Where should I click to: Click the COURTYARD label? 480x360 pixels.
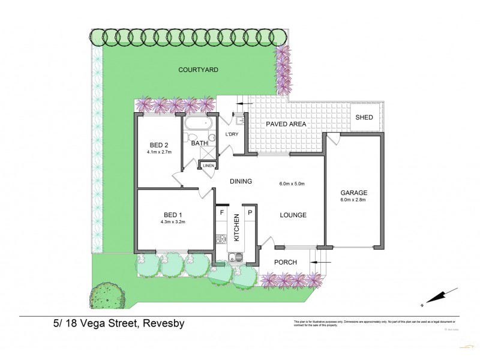point(198,70)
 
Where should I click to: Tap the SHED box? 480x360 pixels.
point(364,117)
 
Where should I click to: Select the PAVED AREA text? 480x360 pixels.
point(286,124)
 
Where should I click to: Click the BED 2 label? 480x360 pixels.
point(158,145)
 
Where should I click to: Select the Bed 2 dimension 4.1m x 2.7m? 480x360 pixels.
point(158,152)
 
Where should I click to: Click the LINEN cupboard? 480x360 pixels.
point(208,166)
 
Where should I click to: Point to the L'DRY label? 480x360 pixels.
point(232,134)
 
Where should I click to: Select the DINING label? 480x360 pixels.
point(239,181)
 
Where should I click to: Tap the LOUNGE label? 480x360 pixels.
point(293,215)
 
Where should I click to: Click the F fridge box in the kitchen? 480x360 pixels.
point(221,212)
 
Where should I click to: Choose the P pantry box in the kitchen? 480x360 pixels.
point(250,212)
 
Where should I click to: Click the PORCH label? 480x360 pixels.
point(286,262)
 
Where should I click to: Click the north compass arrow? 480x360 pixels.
point(436,297)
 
